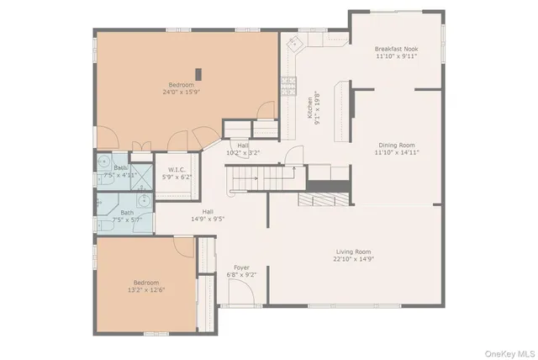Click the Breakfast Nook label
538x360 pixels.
[x=396, y=50]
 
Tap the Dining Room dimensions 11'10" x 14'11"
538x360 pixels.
[x=396, y=153]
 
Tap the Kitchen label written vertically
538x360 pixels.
[x=309, y=107]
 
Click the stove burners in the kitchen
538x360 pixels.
[x=288, y=82]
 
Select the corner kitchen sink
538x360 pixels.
[x=294, y=46]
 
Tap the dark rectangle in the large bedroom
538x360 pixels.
[x=198, y=73]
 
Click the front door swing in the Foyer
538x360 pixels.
[x=240, y=292]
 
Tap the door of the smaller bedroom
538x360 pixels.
[x=184, y=247]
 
